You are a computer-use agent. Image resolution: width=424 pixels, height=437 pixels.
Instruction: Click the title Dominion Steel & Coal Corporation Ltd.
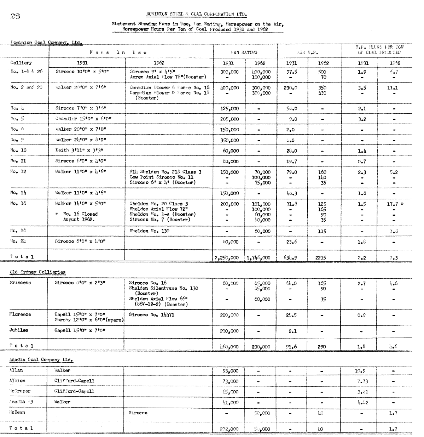point(196,15)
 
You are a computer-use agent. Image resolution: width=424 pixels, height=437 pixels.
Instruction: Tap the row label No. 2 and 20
point(26,87)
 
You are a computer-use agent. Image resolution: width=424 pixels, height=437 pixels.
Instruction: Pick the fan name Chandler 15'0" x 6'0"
point(81,119)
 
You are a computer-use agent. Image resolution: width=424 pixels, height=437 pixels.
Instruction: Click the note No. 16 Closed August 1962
point(76,217)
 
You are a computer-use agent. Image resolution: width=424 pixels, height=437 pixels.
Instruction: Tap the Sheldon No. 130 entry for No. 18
point(149,231)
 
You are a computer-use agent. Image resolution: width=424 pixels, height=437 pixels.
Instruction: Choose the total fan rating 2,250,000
point(227,258)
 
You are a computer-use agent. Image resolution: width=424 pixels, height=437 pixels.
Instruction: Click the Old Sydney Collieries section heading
point(37,272)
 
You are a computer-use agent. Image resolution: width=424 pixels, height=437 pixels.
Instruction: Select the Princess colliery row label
point(20,283)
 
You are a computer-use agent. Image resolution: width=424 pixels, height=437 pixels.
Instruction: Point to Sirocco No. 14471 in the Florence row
point(151,314)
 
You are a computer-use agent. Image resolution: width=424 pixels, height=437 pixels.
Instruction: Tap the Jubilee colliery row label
point(19,330)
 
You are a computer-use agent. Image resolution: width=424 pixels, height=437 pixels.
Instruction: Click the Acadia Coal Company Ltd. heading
point(41,359)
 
